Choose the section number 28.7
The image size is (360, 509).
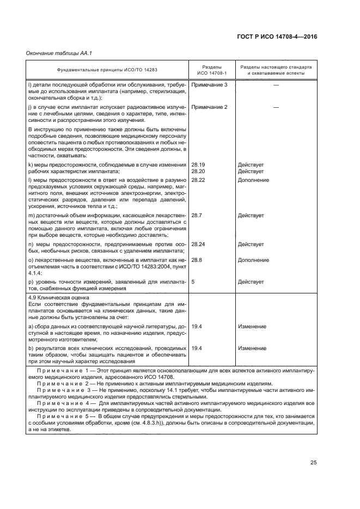tap(197, 216)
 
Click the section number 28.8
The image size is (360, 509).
tap(197, 260)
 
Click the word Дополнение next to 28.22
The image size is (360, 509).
tap(253, 179)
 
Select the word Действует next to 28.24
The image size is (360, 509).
tap(251, 244)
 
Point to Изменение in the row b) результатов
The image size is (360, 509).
tap(252, 348)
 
